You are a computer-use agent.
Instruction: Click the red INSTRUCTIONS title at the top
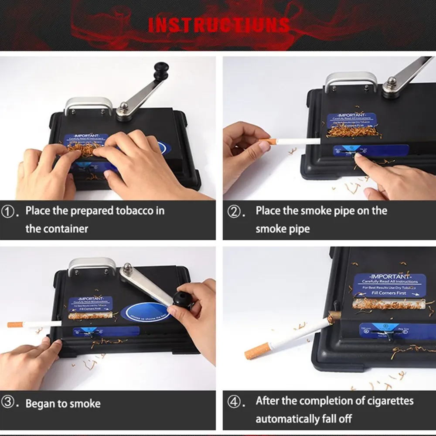(x=219, y=24)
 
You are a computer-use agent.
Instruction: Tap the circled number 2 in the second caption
(x=235, y=212)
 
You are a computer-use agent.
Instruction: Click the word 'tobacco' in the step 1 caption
(x=134, y=211)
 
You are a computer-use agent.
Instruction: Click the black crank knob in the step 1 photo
(x=161, y=70)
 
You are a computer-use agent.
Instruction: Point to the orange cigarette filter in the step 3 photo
(x=16, y=324)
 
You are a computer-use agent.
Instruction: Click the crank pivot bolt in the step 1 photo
(x=124, y=106)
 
